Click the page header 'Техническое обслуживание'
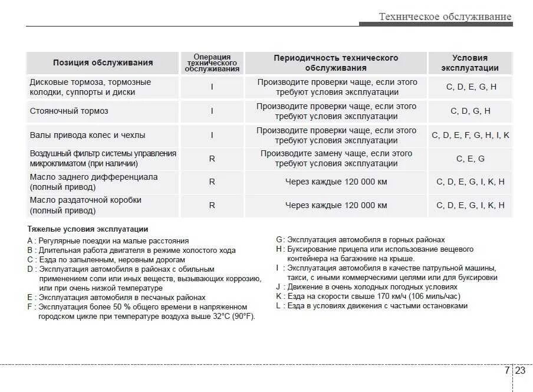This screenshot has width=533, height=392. point(445,17)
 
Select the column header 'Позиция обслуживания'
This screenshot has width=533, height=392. point(103,63)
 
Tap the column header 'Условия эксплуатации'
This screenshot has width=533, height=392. point(470,63)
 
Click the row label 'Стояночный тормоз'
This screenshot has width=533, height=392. point(69,111)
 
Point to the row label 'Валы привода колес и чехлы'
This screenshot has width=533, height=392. point(87,135)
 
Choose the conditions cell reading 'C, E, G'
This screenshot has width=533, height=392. point(470,159)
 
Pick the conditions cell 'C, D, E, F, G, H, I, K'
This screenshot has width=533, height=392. point(470,135)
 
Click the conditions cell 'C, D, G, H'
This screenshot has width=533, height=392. point(470,111)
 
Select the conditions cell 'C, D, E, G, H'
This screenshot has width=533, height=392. point(470,87)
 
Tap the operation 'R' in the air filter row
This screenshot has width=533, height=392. point(212,159)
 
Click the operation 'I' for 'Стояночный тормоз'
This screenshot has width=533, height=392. point(212,111)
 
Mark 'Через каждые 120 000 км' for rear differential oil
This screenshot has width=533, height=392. point(336,182)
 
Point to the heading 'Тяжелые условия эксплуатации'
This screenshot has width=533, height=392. point(88,229)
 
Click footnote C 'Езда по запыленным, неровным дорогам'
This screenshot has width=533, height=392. point(106,259)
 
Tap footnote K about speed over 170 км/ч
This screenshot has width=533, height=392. point(368,297)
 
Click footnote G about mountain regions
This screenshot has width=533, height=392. point(360,240)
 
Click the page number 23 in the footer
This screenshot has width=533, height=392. point(520,371)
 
